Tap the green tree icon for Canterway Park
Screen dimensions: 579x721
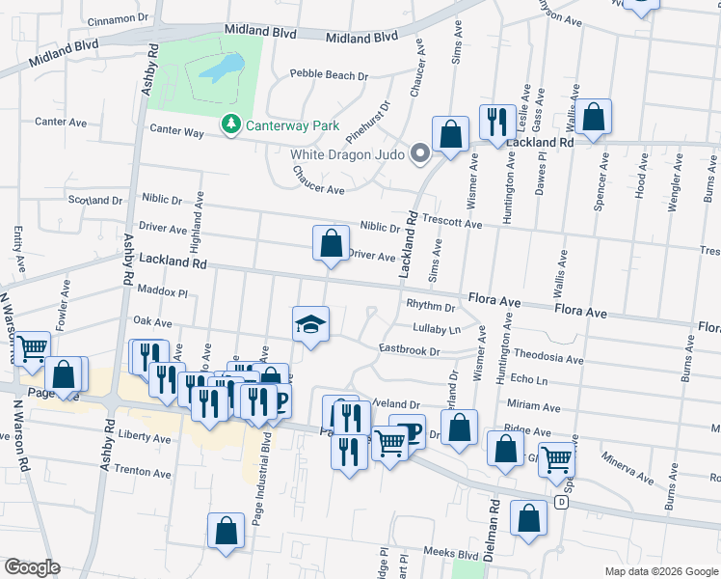tap(230, 124)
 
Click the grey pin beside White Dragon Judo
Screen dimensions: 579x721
tap(419, 153)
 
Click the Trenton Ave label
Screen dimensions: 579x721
tap(142, 472)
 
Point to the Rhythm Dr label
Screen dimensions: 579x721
tap(430, 307)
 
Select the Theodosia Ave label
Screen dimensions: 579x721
tap(548, 359)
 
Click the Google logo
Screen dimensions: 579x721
tap(32, 567)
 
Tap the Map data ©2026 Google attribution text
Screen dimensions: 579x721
tap(661, 571)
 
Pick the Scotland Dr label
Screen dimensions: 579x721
tap(95, 201)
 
